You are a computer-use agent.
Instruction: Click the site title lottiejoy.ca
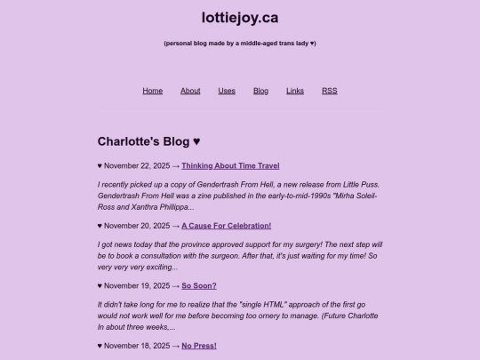(240, 17)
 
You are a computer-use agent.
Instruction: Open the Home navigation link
(153, 91)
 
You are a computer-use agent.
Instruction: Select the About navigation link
(190, 91)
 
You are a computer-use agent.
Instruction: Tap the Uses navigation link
(227, 91)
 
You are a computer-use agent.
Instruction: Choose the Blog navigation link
(260, 91)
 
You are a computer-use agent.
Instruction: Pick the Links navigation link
(295, 91)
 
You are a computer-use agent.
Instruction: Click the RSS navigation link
(329, 91)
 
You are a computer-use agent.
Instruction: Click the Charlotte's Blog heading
(143, 141)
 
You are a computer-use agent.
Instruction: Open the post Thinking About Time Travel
(230, 165)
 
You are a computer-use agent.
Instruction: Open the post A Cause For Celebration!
(227, 226)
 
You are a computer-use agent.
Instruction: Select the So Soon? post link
(199, 285)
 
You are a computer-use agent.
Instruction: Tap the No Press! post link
(199, 346)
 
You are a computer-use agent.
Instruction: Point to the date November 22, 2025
(137, 165)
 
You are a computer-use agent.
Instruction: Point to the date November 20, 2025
(137, 226)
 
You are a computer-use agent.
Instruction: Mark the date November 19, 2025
(137, 285)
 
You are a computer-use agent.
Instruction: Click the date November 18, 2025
(137, 346)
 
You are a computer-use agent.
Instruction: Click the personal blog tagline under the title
(240, 43)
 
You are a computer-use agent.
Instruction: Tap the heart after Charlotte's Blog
(197, 141)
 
